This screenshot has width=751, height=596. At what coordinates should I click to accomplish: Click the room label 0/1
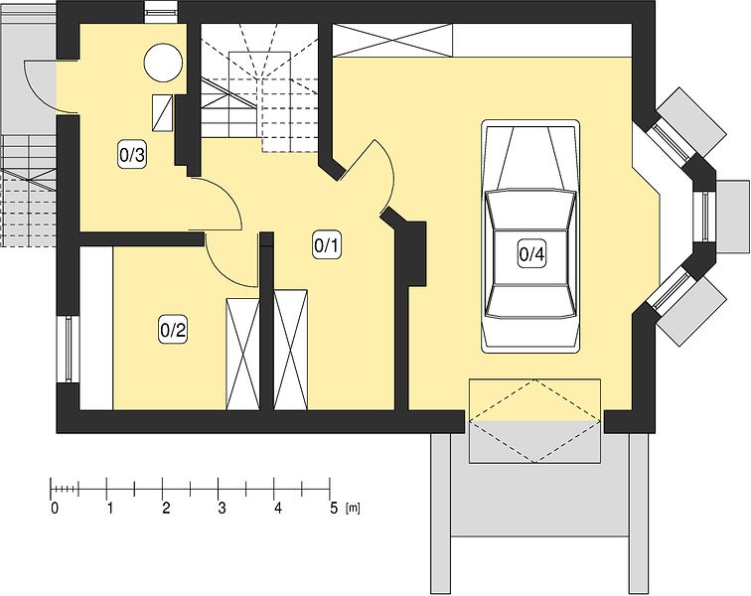coord(326,245)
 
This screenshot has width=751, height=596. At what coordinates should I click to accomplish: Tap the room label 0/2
coord(173,331)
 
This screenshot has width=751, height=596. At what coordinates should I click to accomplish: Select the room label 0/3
coord(132,155)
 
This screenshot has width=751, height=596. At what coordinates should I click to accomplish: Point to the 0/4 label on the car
coord(531,254)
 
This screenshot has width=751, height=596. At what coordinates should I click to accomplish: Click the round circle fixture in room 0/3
coord(164,63)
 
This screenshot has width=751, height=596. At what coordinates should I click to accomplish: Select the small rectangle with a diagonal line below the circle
coord(162,112)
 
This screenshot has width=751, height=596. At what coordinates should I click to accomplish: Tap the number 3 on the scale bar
coord(222,509)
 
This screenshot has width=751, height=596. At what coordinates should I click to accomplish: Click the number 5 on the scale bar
coord(334,509)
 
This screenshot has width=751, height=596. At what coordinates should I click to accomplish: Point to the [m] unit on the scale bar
coord(353,509)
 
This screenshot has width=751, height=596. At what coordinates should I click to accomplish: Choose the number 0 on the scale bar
coord(55,509)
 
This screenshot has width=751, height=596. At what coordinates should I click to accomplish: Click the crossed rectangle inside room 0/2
coord(242,355)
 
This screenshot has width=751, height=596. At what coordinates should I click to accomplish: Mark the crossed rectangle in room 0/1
coord(291,351)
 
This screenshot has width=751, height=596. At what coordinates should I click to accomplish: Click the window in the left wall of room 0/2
coord(68,349)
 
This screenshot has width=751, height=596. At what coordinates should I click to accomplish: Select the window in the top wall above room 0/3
coord(161,13)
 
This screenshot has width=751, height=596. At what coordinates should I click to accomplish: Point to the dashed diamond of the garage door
coord(534,421)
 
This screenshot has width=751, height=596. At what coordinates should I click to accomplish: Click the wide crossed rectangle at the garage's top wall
coord(392,41)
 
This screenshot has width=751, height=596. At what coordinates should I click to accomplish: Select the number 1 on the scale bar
coord(110,509)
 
